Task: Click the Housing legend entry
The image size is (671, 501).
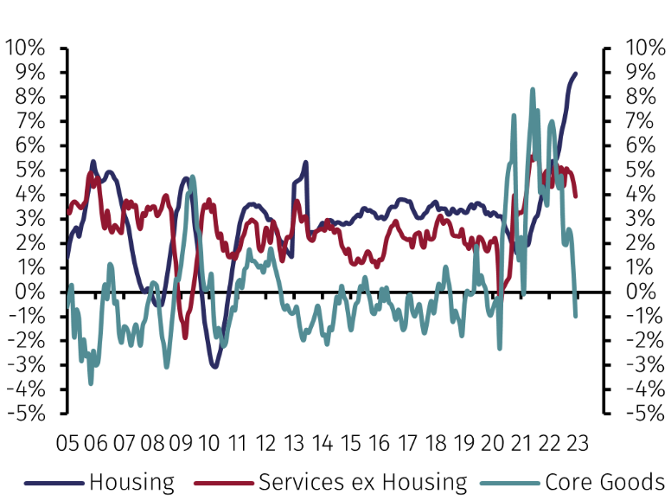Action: pyautogui.click(x=131, y=482)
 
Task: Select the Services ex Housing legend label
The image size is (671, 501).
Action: pyautogui.click(x=362, y=482)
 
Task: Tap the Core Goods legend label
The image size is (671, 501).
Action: pyautogui.click(x=604, y=482)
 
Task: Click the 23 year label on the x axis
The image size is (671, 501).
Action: pyautogui.click(x=576, y=443)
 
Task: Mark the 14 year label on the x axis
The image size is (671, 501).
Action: pyautogui.click(x=322, y=443)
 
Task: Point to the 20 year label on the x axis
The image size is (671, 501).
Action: pyautogui.click(x=491, y=443)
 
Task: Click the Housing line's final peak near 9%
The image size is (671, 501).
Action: pyautogui.click(x=576, y=74)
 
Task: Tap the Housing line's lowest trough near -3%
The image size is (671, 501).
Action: pyautogui.click(x=214, y=367)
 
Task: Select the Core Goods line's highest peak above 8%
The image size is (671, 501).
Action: pyautogui.click(x=533, y=88)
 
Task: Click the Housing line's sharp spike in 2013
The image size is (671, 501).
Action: pyautogui.click(x=305, y=162)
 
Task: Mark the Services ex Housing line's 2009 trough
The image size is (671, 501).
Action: pyautogui.click(x=184, y=337)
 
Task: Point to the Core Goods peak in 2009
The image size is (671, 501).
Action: pyautogui.click(x=192, y=177)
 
